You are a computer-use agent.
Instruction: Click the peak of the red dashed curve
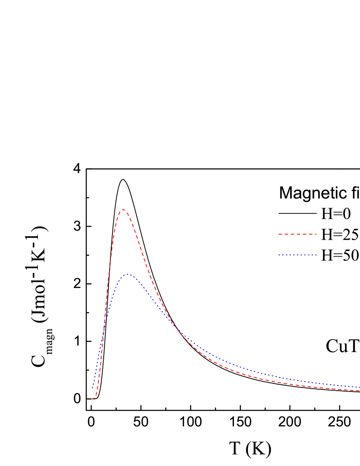[123, 209]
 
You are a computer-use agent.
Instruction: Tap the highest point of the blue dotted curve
[127, 274]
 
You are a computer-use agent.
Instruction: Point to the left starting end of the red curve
[93, 399]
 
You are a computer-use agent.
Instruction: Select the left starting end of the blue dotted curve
[92, 389]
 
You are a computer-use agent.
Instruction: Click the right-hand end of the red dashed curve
[359, 391]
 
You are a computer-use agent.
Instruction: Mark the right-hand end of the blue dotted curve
[359, 387]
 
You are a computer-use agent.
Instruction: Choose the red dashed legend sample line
[298, 234]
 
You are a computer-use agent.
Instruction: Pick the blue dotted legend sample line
[298, 255]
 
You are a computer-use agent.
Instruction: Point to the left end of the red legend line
[278, 234]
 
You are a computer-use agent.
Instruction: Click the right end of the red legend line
[317, 234]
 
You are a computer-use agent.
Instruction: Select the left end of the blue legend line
[278, 255]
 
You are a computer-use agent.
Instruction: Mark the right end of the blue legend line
[317, 255]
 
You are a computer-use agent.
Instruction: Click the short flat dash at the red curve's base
[93, 399]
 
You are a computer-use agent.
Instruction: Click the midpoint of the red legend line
[298, 234]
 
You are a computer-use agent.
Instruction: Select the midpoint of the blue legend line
[298, 255]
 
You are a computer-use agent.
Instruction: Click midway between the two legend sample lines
[298, 244]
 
